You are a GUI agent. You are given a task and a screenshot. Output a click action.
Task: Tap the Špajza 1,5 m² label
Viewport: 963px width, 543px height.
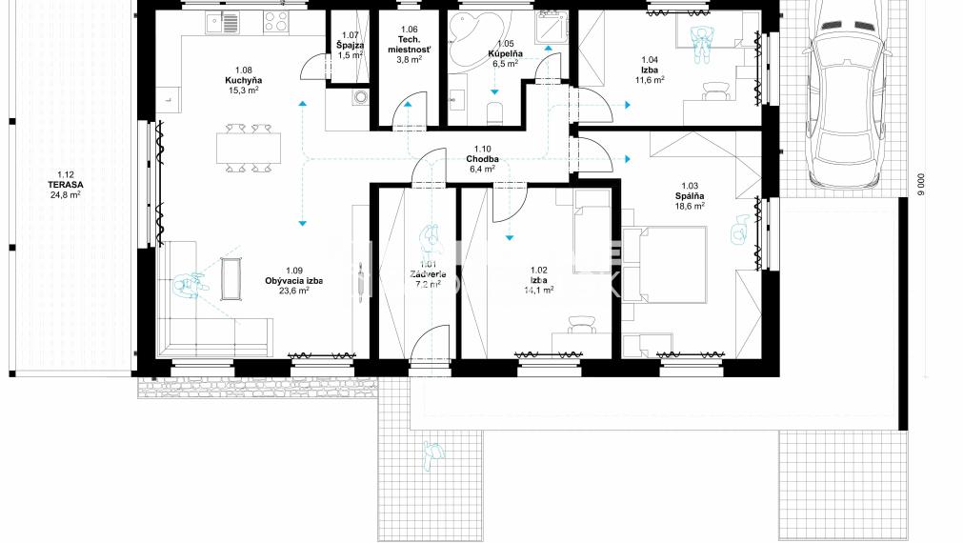coord(350,47)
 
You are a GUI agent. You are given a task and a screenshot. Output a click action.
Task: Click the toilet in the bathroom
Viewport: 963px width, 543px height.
coord(494,113)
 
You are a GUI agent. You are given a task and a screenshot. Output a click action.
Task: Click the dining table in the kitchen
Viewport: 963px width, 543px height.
coord(249,148)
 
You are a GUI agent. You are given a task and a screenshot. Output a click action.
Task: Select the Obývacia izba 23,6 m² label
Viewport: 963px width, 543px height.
coord(293,286)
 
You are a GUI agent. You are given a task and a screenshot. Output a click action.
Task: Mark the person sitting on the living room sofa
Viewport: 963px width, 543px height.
coord(191,285)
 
